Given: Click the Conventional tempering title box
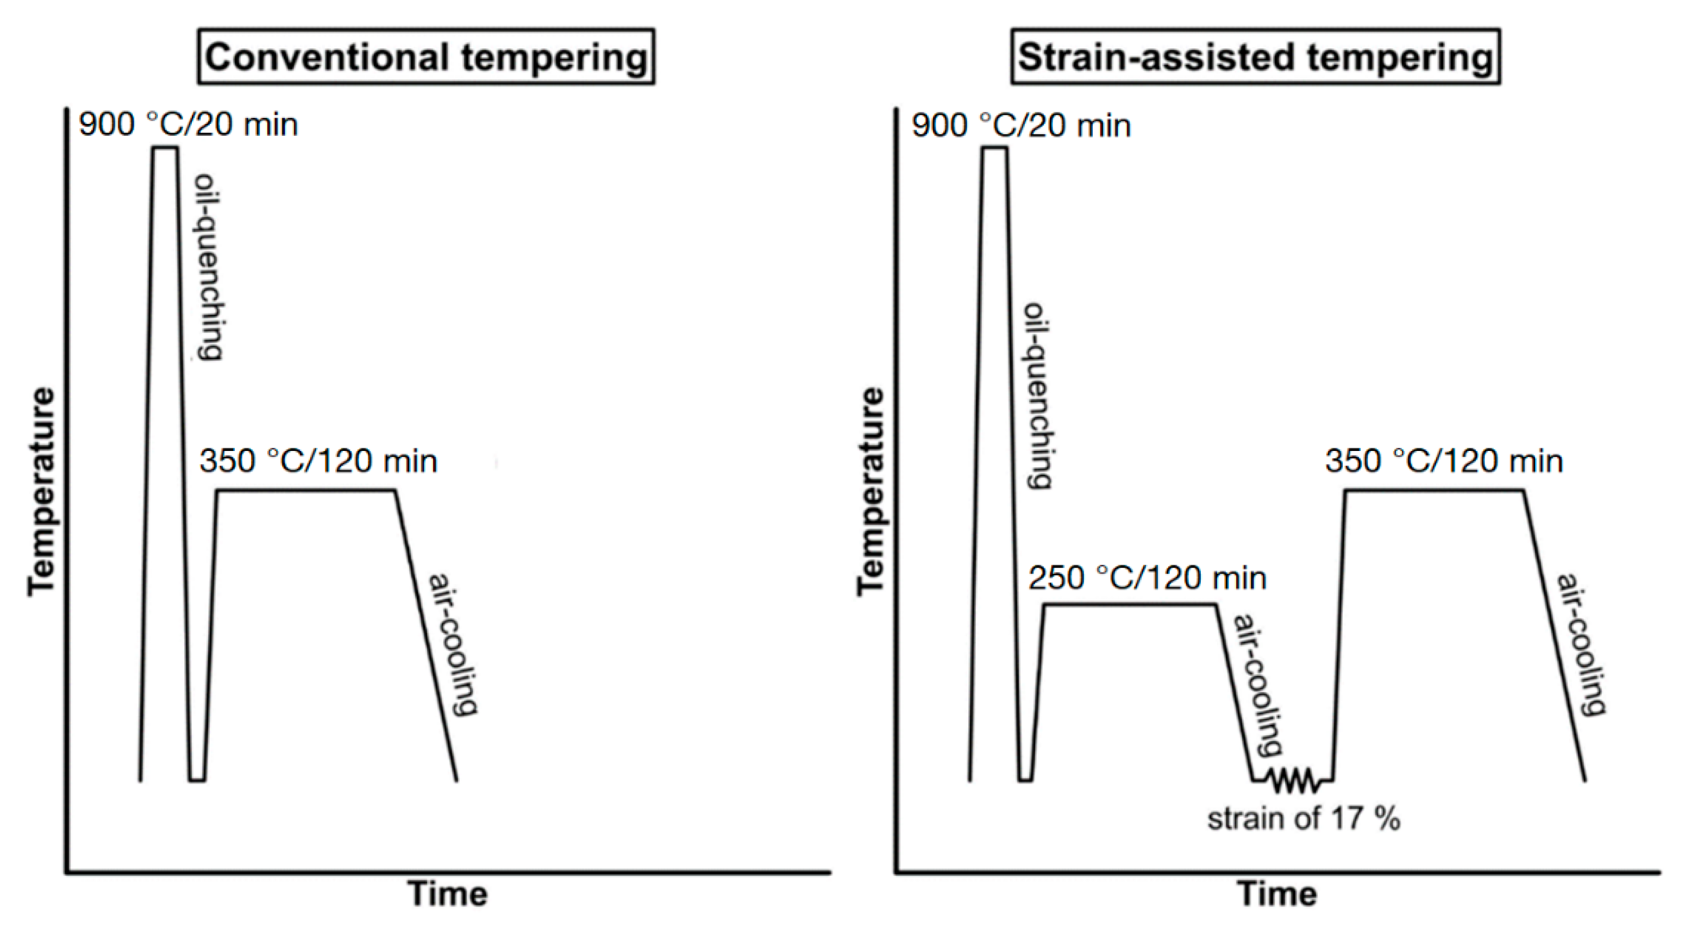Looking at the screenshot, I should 426,57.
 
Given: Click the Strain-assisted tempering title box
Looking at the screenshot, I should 1255,57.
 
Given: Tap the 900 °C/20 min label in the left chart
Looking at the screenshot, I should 189,124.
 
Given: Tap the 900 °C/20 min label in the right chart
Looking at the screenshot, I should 1022,125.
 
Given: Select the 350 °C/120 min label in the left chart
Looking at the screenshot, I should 318,461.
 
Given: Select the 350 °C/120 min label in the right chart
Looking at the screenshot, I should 1444,461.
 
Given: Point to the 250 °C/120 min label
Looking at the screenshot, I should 1147,578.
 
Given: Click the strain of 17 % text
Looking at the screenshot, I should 1304,819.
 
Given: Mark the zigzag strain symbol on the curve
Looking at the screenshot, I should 1293,781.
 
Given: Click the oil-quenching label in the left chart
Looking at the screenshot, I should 208,267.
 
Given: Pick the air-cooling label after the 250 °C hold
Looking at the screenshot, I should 1257,685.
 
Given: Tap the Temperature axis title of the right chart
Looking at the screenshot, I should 871,492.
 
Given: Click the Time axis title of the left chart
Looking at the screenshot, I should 448,894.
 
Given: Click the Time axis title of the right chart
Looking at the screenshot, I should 1277,894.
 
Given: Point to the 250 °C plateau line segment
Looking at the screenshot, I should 1130,604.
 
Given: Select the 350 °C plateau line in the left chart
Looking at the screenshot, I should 305,490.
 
